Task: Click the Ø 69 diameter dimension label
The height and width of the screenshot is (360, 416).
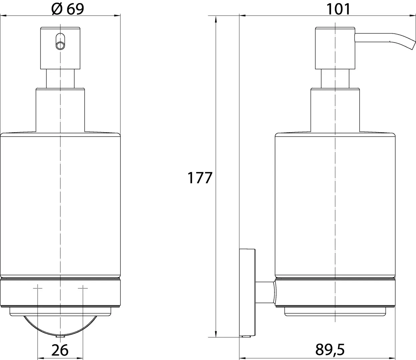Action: (68, 9)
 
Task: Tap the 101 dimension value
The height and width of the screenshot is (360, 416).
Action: (338, 9)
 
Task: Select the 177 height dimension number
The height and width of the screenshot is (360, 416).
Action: (200, 178)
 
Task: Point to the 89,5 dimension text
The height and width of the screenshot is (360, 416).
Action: (330, 350)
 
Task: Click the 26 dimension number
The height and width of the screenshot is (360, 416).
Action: (60, 350)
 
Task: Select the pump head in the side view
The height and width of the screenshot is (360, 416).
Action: (335, 48)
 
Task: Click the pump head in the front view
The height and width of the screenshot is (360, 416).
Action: (60, 48)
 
